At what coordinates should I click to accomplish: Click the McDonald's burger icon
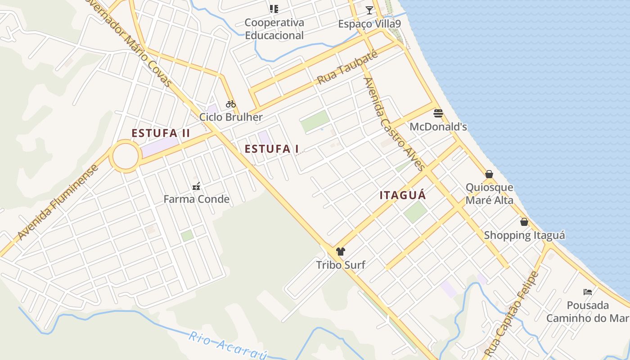[x=438, y=112]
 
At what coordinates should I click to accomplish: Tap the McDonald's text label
[x=438, y=127]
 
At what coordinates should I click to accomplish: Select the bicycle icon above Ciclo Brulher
[x=231, y=104]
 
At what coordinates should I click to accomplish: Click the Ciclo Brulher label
[x=231, y=117]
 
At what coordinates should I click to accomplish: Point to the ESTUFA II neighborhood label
[x=161, y=133]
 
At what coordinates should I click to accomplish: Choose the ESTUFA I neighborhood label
[x=272, y=149]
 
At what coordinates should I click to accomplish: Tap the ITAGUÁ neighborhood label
[x=403, y=195]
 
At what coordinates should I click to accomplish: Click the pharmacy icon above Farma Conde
[x=196, y=185]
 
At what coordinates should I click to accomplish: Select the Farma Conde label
[x=196, y=199]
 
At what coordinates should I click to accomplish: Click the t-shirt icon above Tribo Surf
[x=340, y=251]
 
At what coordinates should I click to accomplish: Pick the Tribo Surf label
[x=340, y=265]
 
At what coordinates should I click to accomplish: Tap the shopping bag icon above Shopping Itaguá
[x=524, y=222]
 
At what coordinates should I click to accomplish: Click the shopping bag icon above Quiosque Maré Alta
[x=489, y=174]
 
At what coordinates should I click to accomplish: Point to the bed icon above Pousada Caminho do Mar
[x=588, y=292]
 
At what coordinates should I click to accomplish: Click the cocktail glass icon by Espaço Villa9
[x=369, y=10]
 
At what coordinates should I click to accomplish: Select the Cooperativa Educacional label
[x=274, y=29]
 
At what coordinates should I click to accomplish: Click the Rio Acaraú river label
[x=228, y=346]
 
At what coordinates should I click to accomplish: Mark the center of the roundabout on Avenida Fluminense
[x=125, y=156]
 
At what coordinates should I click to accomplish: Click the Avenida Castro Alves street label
[x=394, y=124]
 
